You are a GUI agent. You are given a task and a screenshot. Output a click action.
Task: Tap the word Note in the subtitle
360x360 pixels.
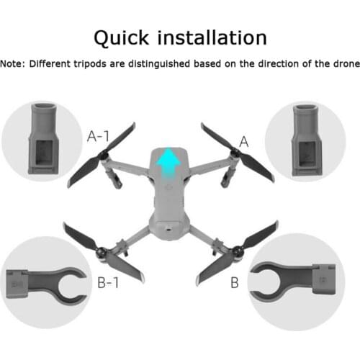coord(12,64)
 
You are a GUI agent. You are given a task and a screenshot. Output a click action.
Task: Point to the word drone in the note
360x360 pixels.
coord(341,64)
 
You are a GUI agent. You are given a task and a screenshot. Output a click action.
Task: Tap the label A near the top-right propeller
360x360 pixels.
coord(243,142)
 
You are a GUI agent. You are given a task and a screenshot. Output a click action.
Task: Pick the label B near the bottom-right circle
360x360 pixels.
coord(234,282)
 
